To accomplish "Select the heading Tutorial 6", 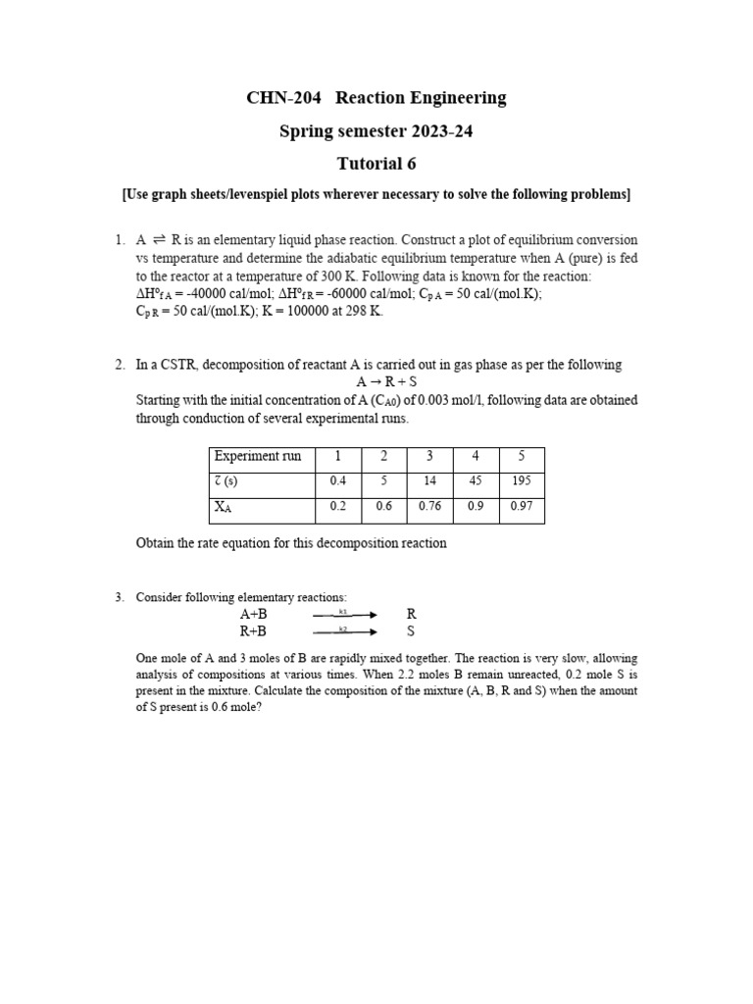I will tap(376, 163).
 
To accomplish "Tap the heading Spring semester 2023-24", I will tap(376, 130).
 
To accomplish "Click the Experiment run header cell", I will tap(258, 457).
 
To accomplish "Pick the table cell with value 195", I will tap(522, 481).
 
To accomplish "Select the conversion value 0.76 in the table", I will tap(429, 507).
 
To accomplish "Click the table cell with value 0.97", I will tap(522, 507).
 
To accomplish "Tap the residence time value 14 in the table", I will tap(429, 481).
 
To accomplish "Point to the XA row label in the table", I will tap(224, 508).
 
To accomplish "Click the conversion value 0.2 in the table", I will tap(337, 507).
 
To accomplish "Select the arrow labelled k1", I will tap(344, 615).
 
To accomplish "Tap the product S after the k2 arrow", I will tap(411, 631).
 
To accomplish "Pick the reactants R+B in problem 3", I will tap(253, 631).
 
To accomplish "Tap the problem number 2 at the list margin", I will tap(119, 365).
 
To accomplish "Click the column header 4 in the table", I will tap(476, 457).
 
